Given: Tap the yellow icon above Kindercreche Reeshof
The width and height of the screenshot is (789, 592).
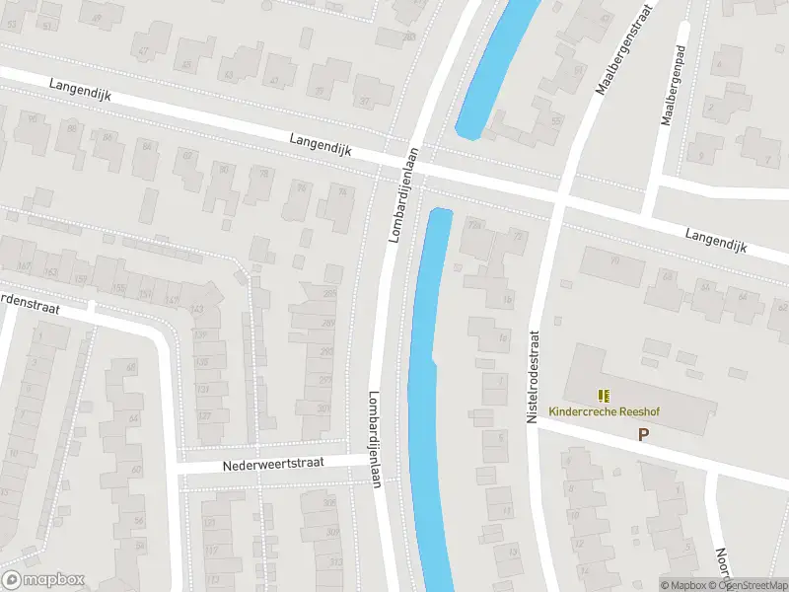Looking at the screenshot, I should [x=604, y=395].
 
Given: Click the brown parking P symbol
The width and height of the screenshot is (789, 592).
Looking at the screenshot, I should [x=644, y=434].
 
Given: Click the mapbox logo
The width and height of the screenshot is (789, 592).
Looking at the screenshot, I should [x=43, y=580].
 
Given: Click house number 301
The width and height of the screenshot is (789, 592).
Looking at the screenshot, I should [x=325, y=408].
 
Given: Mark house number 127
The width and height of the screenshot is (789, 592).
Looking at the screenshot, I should [x=205, y=415].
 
